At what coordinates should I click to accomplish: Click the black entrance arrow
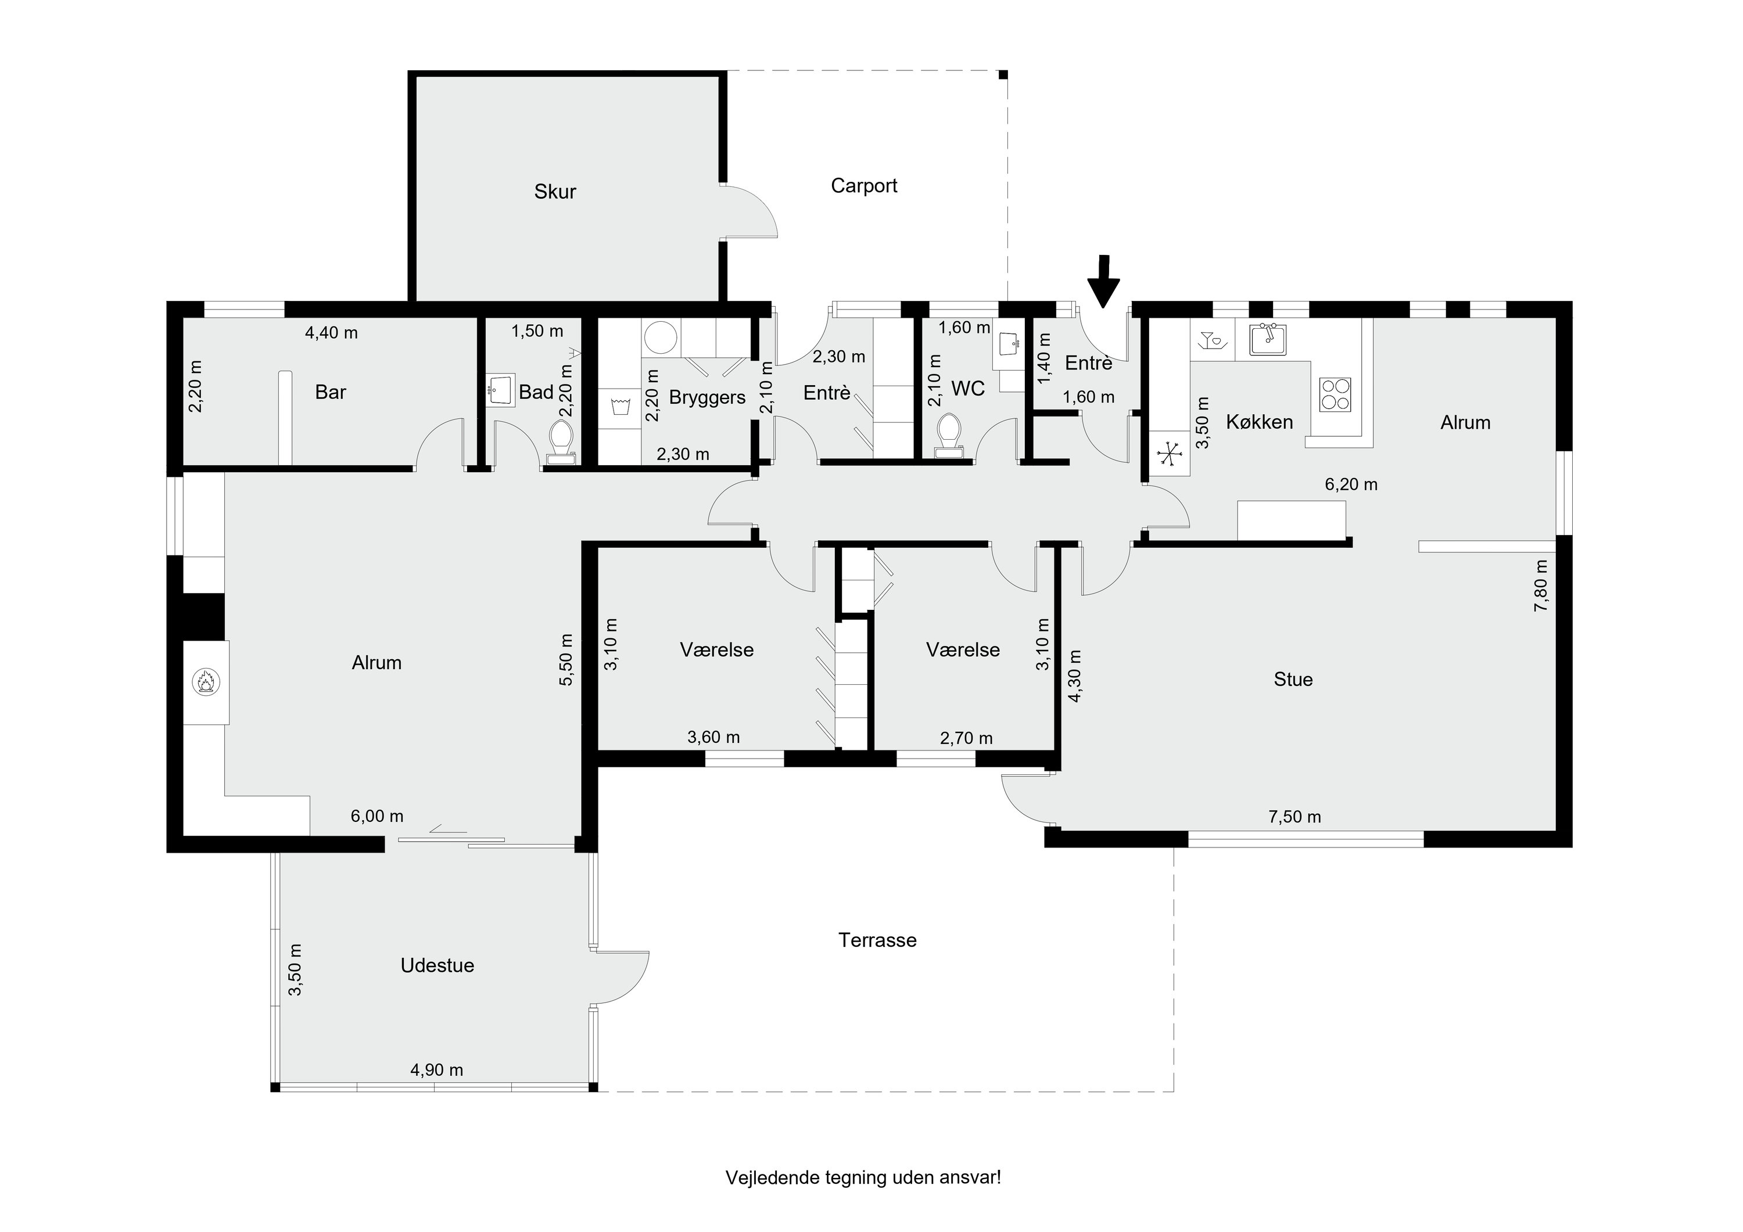tap(1104, 282)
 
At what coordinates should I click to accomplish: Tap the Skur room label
tap(555, 191)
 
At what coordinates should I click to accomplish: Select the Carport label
tap(864, 186)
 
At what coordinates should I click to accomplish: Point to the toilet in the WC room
tap(949, 436)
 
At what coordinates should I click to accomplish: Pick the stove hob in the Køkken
tap(1335, 394)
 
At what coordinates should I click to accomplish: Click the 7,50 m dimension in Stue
tap(1294, 817)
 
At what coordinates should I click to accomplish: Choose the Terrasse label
tap(877, 940)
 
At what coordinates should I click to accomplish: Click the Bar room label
tap(330, 393)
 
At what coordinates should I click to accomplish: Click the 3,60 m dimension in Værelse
tap(713, 737)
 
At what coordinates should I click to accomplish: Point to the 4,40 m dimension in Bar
tap(331, 332)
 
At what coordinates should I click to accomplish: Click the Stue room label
tap(1293, 680)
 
